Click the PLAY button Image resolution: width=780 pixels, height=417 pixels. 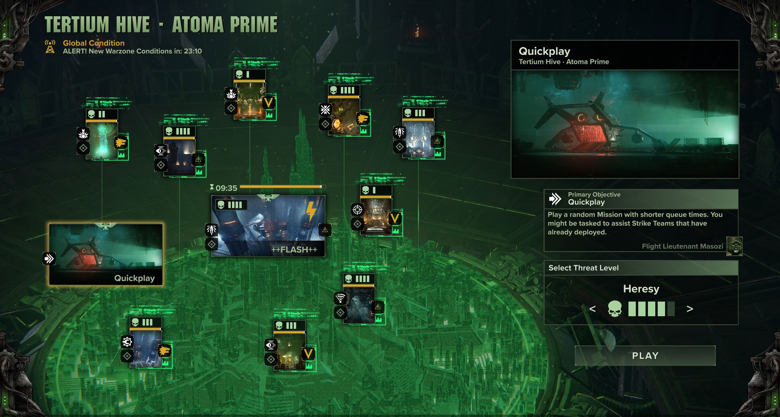[645, 356]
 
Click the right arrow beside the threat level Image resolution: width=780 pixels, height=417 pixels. [689, 309]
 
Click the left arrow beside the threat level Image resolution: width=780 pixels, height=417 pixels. [592, 309]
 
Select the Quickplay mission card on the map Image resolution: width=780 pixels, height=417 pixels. [106, 254]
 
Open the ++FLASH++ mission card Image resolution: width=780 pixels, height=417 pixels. [268, 226]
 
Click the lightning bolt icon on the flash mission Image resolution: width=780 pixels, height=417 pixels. [311, 212]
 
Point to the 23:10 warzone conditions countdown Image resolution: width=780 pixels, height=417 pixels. [193, 51]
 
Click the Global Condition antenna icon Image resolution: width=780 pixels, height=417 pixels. [50, 47]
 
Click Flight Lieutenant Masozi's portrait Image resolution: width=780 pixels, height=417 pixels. [734, 246]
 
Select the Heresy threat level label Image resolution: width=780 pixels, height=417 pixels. [641, 289]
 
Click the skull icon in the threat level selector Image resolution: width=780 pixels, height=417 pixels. [615, 309]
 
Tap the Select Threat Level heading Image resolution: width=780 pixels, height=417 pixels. [583, 268]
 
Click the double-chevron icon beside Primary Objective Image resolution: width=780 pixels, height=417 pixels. [555, 199]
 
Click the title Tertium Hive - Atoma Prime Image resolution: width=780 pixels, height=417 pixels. [161, 24]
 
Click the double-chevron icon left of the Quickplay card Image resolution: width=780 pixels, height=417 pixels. [49, 258]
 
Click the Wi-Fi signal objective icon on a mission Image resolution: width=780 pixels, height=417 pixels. [340, 298]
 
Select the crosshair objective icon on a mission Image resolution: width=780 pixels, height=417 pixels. [357, 210]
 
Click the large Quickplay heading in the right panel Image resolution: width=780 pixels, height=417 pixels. [544, 51]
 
